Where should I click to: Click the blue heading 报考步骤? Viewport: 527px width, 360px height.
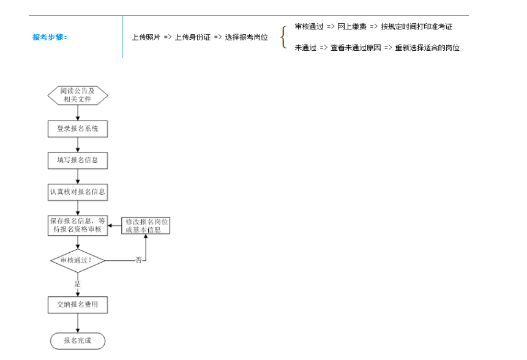click(50, 37)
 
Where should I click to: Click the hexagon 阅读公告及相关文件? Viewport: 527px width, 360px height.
click(78, 95)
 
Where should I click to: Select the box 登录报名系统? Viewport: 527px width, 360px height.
click(78, 129)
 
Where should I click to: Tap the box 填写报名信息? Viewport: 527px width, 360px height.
click(78, 160)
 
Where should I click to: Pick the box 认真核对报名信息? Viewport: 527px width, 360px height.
click(78, 192)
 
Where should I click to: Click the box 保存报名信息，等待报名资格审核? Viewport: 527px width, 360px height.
click(78, 225)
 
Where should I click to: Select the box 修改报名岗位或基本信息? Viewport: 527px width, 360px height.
click(146, 225)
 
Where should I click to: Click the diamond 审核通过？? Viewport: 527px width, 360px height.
click(78, 260)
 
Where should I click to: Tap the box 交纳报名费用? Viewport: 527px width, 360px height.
click(78, 305)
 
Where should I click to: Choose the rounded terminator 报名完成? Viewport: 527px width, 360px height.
click(78, 341)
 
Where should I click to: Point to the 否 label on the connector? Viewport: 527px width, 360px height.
click(138, 260)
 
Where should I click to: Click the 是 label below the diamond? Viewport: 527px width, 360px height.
click(78, 284)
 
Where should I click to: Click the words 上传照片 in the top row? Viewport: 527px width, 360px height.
click(146, 37)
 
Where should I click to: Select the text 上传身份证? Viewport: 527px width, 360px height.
click(193, 37)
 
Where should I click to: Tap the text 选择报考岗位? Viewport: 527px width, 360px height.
click(246, 37)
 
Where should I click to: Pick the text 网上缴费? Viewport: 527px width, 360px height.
click(351, 26)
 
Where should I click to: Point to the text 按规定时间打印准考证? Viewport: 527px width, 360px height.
click(416, 26)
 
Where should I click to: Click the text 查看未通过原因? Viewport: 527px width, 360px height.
click(356, 48)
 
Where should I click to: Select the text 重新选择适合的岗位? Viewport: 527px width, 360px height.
click(427, 48)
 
